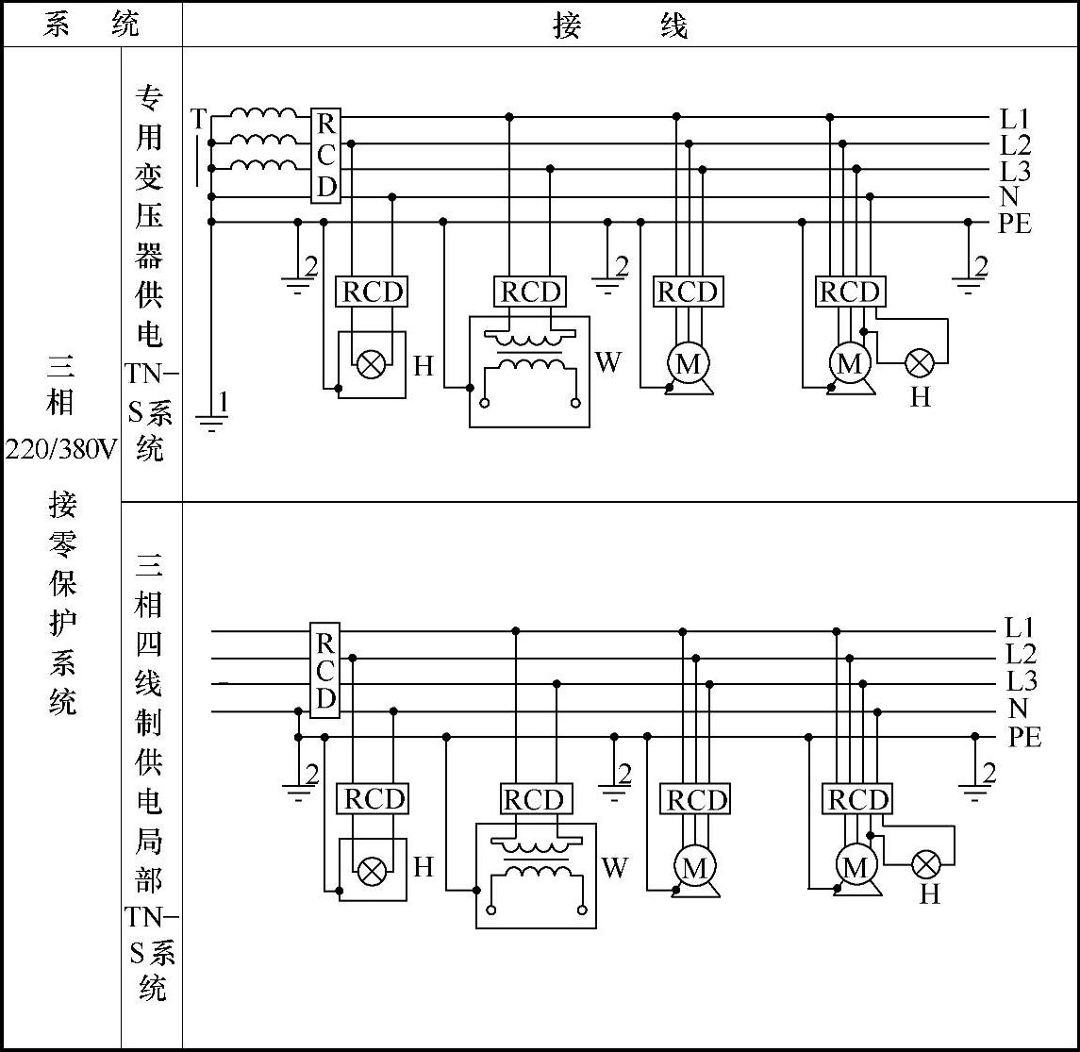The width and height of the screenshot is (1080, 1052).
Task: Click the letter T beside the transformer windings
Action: point(198,119)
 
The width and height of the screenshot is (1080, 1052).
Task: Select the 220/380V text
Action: point(60,449)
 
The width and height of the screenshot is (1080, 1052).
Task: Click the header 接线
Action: point(620,25)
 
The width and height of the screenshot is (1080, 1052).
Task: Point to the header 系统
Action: point(91,25)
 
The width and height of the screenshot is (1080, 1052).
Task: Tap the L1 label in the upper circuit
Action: point(1015,119)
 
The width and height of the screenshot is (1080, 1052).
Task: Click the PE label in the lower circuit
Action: point(1024,737)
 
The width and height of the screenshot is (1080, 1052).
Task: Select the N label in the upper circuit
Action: point(1009,197)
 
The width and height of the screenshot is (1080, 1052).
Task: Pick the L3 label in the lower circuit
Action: point(1021,682)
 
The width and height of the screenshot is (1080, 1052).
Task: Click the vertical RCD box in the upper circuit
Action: point(325,156)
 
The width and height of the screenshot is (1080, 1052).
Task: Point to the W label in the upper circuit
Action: point(608,362)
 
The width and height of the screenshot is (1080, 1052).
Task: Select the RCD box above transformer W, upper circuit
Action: point(530,292)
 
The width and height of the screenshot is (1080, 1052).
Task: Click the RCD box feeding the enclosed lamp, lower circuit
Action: point(374,799)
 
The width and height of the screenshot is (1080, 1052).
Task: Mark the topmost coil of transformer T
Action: point(262,113)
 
